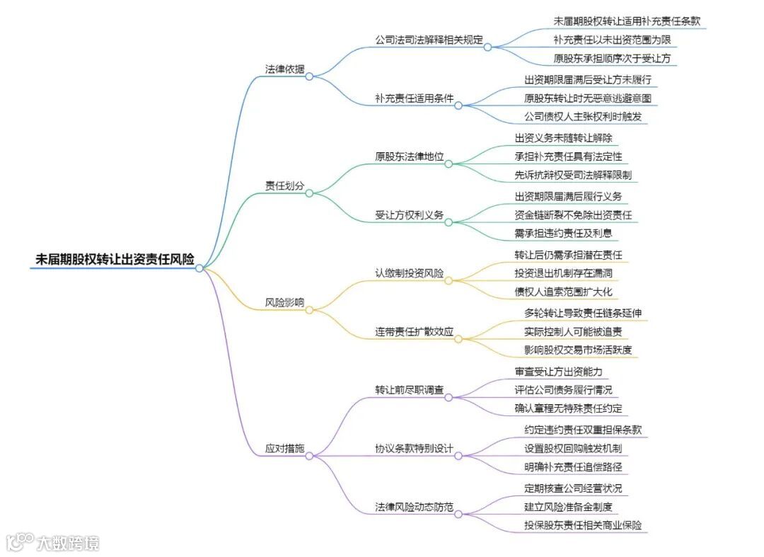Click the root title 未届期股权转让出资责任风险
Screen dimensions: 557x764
coord(115,259)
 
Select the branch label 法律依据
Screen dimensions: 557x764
coord(284,69)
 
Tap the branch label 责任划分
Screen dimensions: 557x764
coord(284,185)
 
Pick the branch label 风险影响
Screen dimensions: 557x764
coord(284,302)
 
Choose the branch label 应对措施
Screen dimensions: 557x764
coord(284,448)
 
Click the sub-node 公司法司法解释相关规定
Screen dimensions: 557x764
coord(429,40)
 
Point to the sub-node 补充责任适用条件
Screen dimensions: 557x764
coord(414,98)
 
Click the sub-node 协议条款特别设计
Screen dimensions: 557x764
coord(414,448)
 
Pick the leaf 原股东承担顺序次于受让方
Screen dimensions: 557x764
coord(613,59)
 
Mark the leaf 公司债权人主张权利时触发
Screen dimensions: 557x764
coord(583,117)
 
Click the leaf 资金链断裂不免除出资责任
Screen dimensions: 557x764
coord(573,214)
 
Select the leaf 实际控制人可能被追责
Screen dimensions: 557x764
coord(573,331)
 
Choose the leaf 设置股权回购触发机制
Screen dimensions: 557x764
coord(573,448)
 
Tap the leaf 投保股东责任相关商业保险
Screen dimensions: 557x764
coord(583,526)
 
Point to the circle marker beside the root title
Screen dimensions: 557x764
coord(199,268)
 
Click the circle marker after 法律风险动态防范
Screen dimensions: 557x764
coord(458,514)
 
